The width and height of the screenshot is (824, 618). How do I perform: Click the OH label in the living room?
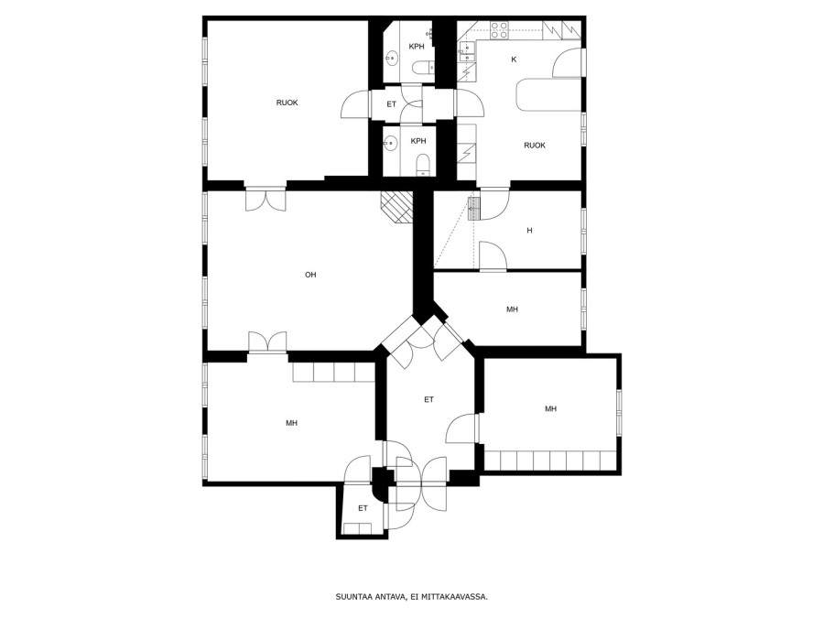pyautogui.click(x=310, y=275)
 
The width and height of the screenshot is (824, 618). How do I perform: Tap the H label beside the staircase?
pyautogui.click(x=529, y=230)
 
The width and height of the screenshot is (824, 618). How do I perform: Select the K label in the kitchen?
pyautogui.click(x=514, y=60)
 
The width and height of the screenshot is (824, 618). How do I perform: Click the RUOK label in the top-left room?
pyautogui.click(x=287, y=103)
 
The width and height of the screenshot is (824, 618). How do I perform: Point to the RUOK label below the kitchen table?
pyautogui.click(x=535, y=145)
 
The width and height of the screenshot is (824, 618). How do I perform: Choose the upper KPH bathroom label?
pyautogui.click(x=417, y=47)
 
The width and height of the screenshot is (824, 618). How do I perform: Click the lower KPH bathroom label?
pyautogui.click(x=418, y=141)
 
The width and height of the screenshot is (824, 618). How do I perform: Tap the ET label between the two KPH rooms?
pyautogui.click(x=392, y=104)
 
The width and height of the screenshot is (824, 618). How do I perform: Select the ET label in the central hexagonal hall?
pyautogui.click(x=428, y=399)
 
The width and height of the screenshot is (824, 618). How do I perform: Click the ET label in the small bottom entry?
pyautogui.click(x=363, y=508)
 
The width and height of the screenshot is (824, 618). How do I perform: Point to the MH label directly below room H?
pyautogui.click(x=512, y=309)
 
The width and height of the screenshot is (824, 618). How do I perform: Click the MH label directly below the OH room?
pyautogui.click(x=292, y=422)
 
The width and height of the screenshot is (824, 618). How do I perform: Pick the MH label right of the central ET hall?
pyautogui.click(x=550, y=408)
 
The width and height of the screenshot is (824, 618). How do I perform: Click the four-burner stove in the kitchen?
pyautogui.click(x=499, y=31)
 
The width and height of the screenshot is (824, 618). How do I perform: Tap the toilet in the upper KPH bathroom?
pyautogui.click(x=424, y=67)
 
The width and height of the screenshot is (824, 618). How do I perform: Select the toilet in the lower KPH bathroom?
pyautogui.click(x=423, y=165)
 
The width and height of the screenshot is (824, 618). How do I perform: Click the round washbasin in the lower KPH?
pyautogui.click(x=389, y=143)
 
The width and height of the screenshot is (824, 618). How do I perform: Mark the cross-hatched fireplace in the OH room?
pyautogui.click(x=397, y=207)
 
